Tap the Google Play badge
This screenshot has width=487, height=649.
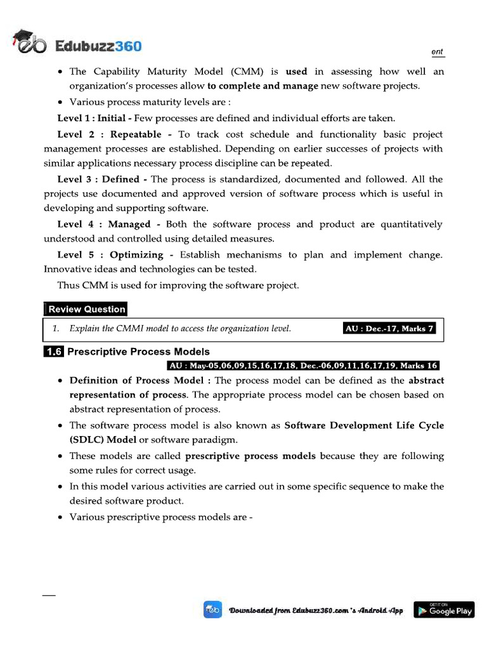(444, 610)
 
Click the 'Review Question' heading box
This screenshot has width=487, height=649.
(86, 309)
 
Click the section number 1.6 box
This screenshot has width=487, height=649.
(54, 352)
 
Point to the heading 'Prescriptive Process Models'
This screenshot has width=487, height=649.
(138, 352)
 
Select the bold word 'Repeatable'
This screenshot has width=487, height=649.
(136, 134)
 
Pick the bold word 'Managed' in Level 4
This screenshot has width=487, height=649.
(129, 224)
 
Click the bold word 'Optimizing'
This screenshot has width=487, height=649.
(136, 255)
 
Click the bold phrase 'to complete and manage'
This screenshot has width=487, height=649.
(263, 86)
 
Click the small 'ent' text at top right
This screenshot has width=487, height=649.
(438, 52)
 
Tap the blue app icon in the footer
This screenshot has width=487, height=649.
(212, 610)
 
